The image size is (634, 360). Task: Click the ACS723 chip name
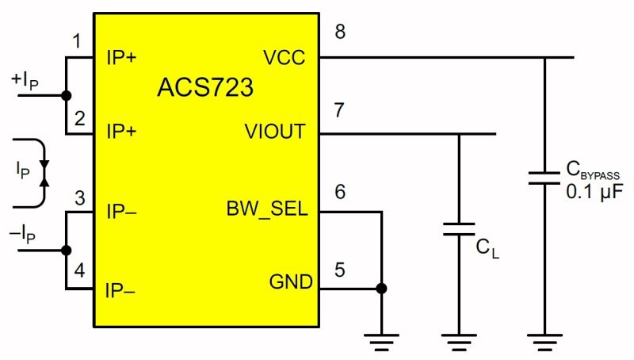pos(205,86)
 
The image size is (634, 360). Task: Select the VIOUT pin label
pos(275,132)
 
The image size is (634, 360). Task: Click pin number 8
pos(340,33)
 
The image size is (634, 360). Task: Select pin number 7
pos(339,110)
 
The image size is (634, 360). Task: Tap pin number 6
pos(339,191)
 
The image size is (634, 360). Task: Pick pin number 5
pos(339,269)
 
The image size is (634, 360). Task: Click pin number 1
pos(77,40)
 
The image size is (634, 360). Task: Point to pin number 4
pos(78,270)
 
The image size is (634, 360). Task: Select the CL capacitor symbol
pos(459,229)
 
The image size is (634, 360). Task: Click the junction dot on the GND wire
pos(382,289)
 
